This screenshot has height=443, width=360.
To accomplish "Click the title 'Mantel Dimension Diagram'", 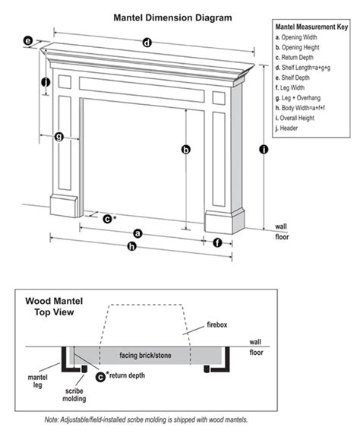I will point(162,15).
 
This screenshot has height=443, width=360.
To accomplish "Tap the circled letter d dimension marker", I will point(147,43).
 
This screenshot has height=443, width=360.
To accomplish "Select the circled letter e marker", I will point(28,40).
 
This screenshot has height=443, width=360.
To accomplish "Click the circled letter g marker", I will point(58,138).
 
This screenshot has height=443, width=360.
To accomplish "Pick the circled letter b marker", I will point(185,150).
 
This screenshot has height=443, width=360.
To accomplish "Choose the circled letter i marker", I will point(263,150).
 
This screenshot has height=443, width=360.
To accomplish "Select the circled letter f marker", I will point(218,243).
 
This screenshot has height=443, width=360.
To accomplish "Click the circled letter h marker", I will point(133,247).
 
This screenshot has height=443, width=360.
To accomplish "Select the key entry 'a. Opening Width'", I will point(302,37).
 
